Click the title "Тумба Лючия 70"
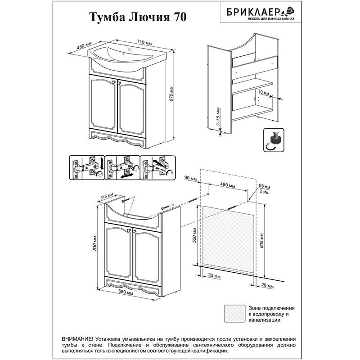click(x=138, y=17)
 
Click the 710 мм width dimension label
click(x=144, y=42)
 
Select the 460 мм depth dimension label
click(x=84, y=45)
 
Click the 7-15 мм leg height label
click(x=218, y=117)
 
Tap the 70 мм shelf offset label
click(x=263, y=93)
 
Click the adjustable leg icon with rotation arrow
click(x=274, y=140)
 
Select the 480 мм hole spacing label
click(x=228, y=184)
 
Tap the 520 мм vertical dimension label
click(x=195, y=236)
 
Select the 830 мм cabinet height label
click(x=95, y=243)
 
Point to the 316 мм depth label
click(x=107, y=197)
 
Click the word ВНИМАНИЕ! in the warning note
click(x=77, y=339)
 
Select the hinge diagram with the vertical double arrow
click(x=87, y=167)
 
